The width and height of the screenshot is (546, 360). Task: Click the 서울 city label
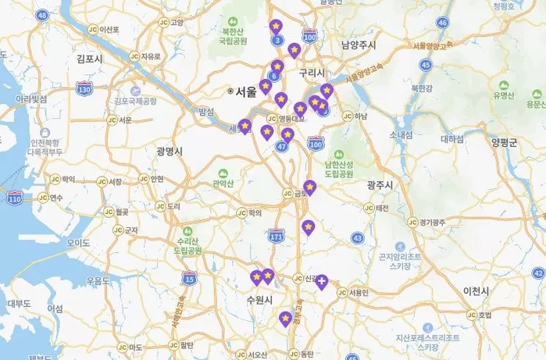pyautogui.click(x=245, y=91)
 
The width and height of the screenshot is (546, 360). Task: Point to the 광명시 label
pyautogui.click(x=169, y=151)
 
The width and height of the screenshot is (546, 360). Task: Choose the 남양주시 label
pyautogui.click(x=359, y=45)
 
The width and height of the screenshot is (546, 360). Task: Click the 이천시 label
pyautogui.click(x=475, y=290)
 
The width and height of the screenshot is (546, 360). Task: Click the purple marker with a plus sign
pyautogui.click(x=322, y=280)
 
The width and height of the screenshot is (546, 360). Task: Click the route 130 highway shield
pyautogui.click(x=84, y=90)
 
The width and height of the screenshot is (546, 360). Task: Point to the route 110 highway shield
pyautogui.click(x=15, y=199)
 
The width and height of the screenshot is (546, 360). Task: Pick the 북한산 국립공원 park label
pyautogui.click(x=234, y=35)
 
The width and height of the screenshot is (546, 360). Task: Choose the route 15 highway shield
pyautogui.click(x=188, y=277)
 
